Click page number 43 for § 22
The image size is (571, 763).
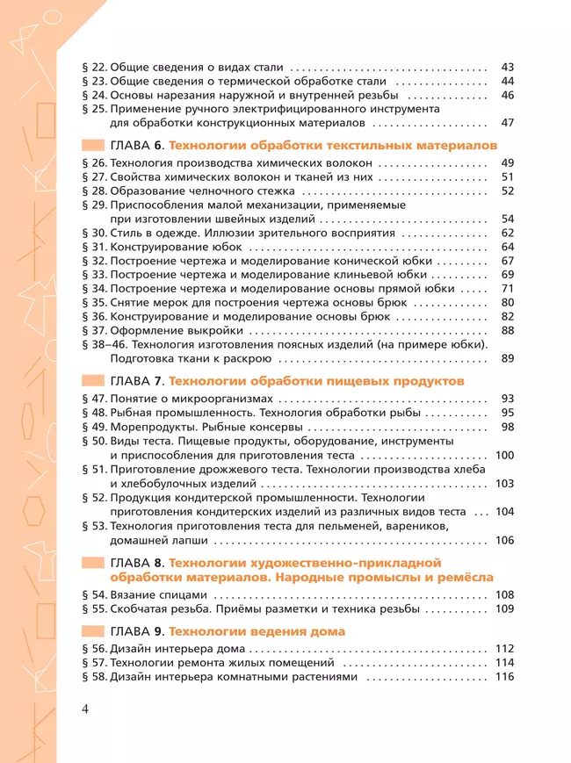(507, 67)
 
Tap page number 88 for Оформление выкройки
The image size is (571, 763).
(507, 330)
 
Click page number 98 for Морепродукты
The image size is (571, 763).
(507, 428)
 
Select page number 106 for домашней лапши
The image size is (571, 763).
(504, 540)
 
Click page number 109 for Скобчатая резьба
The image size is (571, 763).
(504, 608)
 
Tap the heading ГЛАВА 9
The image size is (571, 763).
(137, 631)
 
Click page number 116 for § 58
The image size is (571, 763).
(504, 677)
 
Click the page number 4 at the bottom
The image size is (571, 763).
(85, 709)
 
